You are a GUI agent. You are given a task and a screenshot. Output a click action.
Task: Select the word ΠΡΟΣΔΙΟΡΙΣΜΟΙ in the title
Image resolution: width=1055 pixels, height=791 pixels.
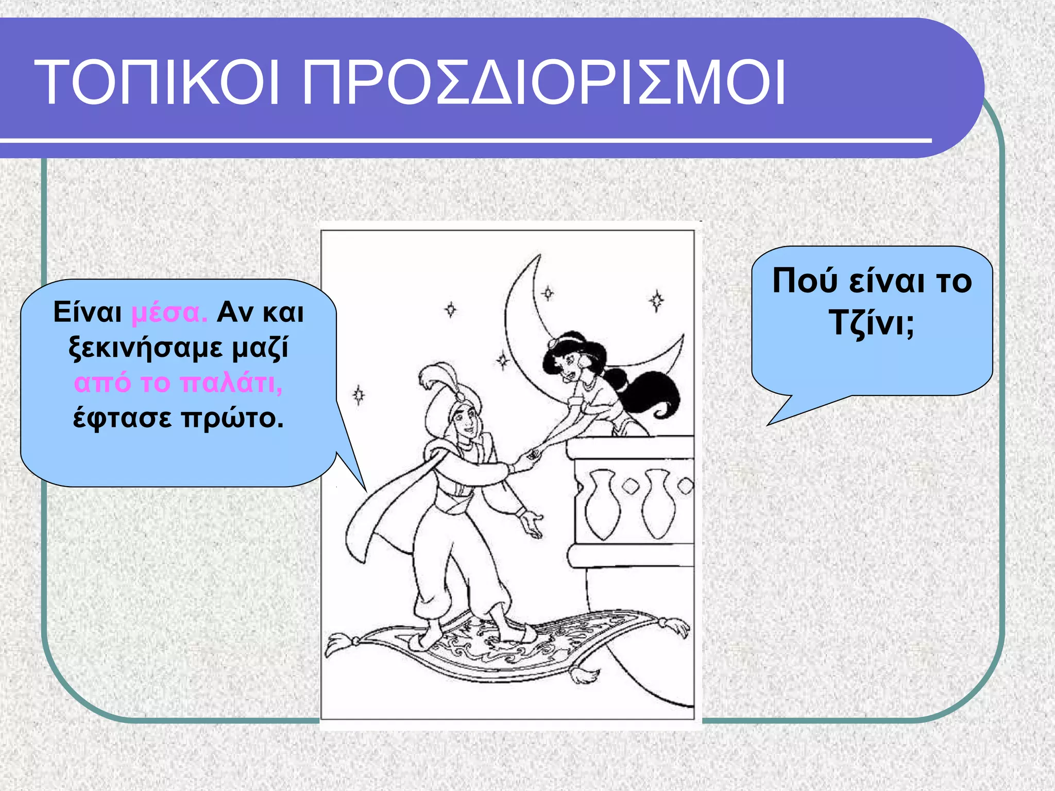point(543,83)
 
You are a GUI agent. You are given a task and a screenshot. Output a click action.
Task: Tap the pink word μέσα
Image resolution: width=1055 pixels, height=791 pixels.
point(169,313)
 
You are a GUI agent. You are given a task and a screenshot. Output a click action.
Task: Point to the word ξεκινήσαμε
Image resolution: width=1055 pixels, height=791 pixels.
point(146,348)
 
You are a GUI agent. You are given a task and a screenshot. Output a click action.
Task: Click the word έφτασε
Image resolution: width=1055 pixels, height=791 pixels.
point(122,418)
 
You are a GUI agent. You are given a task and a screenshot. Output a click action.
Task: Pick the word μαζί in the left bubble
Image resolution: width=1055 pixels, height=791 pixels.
point(260,348)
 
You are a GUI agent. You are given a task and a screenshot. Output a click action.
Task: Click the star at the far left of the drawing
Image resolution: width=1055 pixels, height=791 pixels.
point(359,395)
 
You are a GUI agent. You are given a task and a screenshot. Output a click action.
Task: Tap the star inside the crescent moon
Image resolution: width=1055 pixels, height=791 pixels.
point(548,294)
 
